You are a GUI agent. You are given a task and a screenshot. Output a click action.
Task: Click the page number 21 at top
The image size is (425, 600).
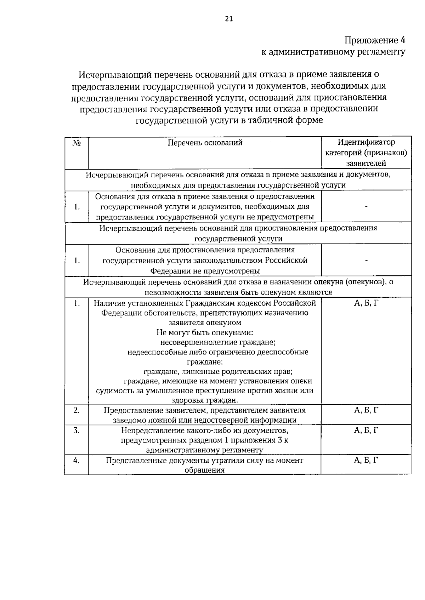pyautogui.click(x=229, y=19)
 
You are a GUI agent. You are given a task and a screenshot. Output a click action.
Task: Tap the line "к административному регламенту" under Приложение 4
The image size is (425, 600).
pyautogui.click(x=333, y=52)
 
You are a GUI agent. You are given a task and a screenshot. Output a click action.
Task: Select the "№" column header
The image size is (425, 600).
pyautogui.click(x=76, y=143)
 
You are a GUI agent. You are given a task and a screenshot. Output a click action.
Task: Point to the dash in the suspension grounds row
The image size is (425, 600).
pyautogui.click(x=366, y=261)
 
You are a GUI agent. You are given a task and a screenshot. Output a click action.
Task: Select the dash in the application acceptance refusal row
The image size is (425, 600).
pyautogui.click(x=366, y=206)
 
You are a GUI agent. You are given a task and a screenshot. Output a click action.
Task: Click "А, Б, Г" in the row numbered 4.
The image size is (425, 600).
pyautogui.click(x=366, y=460)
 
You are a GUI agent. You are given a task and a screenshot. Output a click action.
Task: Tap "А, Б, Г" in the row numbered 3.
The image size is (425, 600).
pyautogui.click(x=366, y=430)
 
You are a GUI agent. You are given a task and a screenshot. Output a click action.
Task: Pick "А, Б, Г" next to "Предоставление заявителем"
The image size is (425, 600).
pyautogui.click(x=366, y=410)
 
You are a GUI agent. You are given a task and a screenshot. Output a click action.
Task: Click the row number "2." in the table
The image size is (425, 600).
pyautogui.click(x=76, y=410)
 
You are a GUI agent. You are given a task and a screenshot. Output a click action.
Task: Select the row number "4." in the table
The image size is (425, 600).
pyautogui.click(x=76, y=460)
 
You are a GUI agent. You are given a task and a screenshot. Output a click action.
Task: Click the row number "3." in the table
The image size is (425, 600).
pyautogui.click(x=76, y=430)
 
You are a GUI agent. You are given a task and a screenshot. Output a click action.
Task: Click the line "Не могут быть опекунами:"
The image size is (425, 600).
pyautogui.click(x=204, y=332)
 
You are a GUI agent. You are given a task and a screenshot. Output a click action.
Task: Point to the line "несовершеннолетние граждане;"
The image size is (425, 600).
pyautogui.click(x=218, y=342)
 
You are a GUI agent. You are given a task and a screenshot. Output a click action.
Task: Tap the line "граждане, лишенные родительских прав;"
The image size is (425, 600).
pyautogui.click(x=218, y=372)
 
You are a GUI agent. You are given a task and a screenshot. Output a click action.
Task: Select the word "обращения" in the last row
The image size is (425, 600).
pyautogui.click(x=204, y=470)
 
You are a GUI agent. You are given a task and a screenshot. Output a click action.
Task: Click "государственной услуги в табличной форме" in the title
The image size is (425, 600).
pyautogui.click(x=229, y=120)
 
